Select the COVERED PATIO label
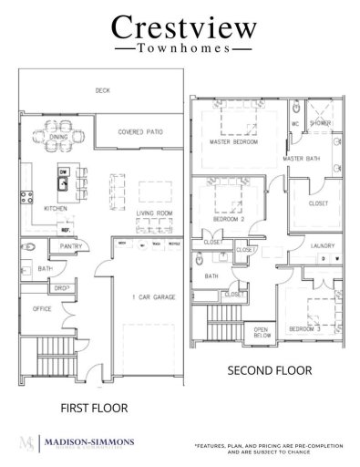pos(139,132)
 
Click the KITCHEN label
pos(57,208)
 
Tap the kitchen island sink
pos(65,182)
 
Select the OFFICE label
pos(43,309)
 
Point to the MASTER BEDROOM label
pos(233,143)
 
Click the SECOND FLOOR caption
pos(268,371)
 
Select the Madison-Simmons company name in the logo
pos(89,441)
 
